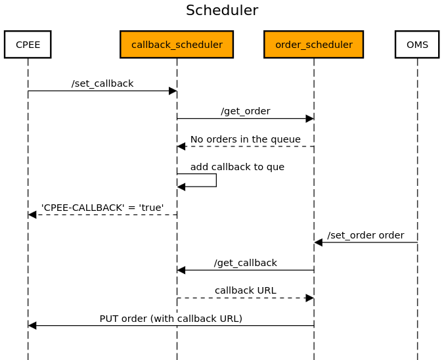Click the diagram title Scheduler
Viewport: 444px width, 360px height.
click(222, 11)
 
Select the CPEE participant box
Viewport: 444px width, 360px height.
click(28, 45)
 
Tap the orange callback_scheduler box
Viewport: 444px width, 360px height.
click(177, 45)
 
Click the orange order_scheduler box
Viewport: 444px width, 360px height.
click(313, 45)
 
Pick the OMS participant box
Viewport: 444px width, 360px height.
click(417, 45)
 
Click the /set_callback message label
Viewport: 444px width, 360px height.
click(102, 83)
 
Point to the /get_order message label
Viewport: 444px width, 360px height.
click(245, 111)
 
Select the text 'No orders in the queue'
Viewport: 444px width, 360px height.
click(245, 139)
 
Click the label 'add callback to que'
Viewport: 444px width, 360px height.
click(237, 167)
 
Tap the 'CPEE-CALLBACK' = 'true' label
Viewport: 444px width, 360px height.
click(102, 208)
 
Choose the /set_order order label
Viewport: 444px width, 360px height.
click(365, 235)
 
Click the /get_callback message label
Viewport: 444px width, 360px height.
click(245, 263)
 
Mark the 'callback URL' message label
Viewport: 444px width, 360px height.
click(245, 290)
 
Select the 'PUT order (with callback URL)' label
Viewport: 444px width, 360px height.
click(171, 319)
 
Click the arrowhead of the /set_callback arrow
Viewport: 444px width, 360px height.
click(173, 91)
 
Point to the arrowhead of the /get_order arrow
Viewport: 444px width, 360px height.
click(309, 119)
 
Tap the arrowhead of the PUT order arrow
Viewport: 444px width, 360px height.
click(32, 325)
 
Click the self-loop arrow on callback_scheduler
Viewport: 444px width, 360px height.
click(215, 181)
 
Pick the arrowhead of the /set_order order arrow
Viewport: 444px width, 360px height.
click(318, 242)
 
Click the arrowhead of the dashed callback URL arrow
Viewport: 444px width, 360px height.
click(309, 298)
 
